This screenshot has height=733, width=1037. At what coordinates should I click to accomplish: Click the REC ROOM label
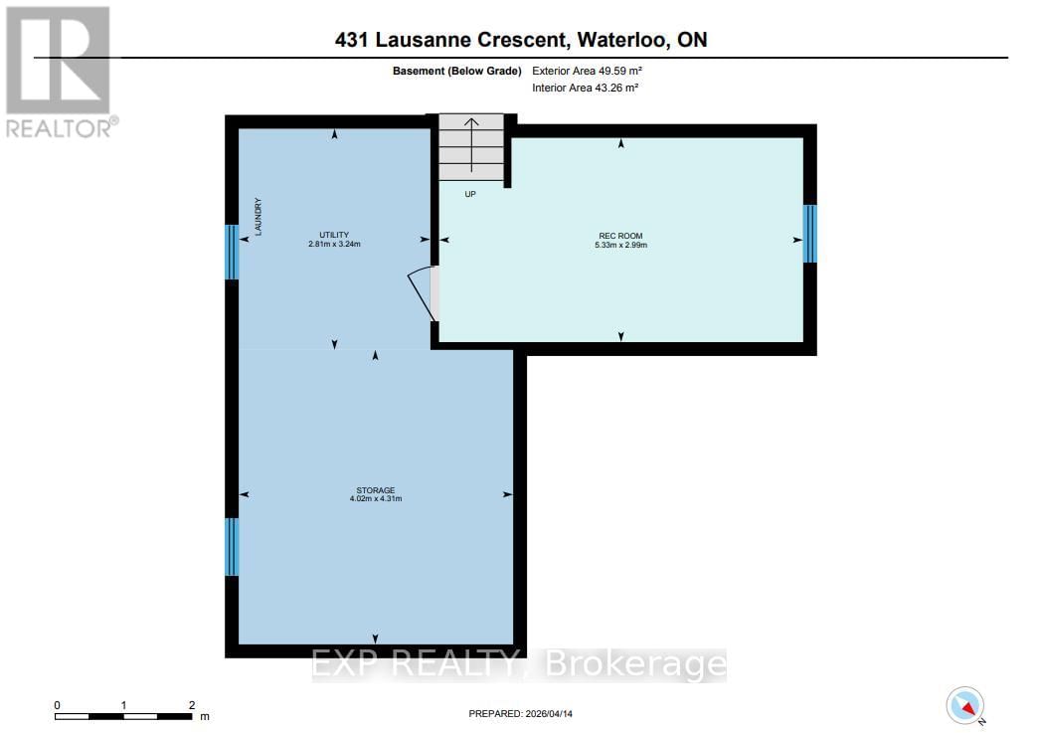click(x=620, y=236)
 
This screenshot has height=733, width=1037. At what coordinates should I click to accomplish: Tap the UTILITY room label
click(x=333, y=235)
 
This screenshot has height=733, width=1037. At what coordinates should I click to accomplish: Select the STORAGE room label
click(x=376, y=489)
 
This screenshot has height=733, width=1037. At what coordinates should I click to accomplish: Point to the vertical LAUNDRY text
click(x=258, y=216)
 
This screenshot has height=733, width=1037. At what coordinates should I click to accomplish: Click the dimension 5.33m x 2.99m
click(x=620, y=245)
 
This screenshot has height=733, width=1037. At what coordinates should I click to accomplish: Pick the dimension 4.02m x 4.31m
click(x=376, y=498)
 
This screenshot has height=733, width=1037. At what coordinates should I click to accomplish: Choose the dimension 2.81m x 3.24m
click(x=333, y=244)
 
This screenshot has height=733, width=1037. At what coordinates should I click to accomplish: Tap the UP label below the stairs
click(x=470, y=194)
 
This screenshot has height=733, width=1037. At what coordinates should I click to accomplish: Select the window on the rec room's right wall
click(x=809, y=234)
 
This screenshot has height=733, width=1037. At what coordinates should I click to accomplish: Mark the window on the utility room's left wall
click(x=232, y=253)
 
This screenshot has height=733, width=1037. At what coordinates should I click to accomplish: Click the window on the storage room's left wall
click(x=232, y=546)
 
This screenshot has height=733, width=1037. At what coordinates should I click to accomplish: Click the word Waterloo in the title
click(x=615, y=40)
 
